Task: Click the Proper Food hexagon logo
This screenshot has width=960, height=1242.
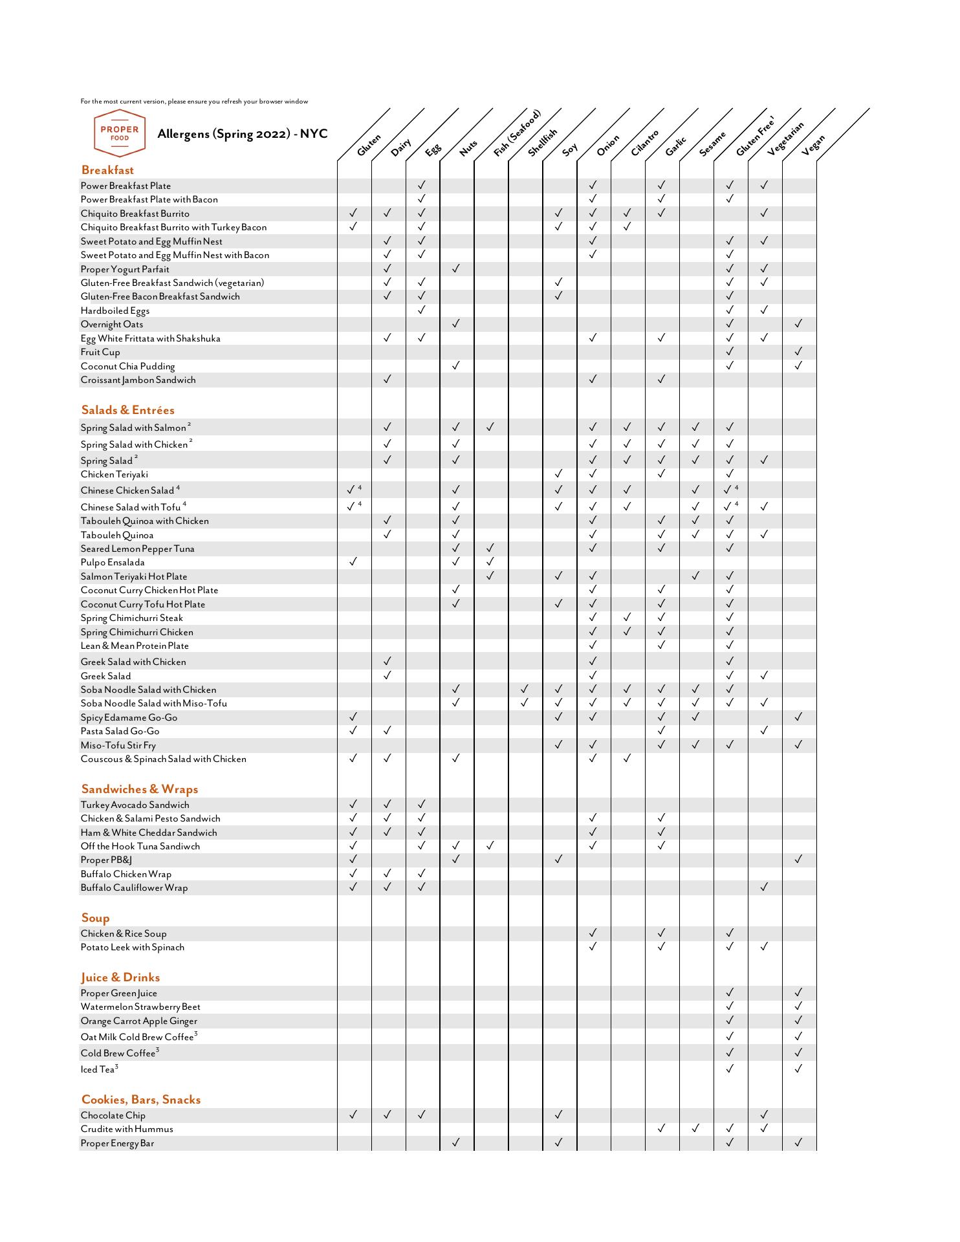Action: click(x=120, y=133)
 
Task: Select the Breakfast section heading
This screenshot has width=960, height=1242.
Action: click(x=107, y=170)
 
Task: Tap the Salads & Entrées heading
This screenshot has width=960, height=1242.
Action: click(x=128, y=410)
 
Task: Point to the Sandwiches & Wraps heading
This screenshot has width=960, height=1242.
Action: click(x=140, y=789)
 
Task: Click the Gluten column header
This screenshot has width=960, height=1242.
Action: click(x=369, y=146)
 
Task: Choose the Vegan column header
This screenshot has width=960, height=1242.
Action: click(x=813, y=146)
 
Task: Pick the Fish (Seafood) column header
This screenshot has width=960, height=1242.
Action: click(x=516, y=135)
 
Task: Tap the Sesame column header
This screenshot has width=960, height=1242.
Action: click(x=712, y=144)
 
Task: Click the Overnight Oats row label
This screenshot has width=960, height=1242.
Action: click(x=112, y=325)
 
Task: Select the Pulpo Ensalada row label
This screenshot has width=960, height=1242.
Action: click(x=113, y=563)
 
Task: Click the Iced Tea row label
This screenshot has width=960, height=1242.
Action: click(x=99, y=1070)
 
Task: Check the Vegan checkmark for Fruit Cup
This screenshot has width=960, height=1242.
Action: click(x=798, y=351)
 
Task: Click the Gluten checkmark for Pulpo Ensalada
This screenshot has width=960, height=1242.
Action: click(x=353, y=561)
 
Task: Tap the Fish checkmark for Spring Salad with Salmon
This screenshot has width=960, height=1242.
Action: click(x=490, y=427)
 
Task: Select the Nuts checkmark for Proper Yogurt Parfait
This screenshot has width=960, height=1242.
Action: click(x=455, y=268)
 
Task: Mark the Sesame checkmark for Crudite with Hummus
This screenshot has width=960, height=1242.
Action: click(x=695, y=1128)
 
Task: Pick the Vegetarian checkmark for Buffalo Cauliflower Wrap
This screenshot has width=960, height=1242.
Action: click(x=764, y=887)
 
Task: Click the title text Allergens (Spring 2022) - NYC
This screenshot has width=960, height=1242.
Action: click(x=243, y=134)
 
